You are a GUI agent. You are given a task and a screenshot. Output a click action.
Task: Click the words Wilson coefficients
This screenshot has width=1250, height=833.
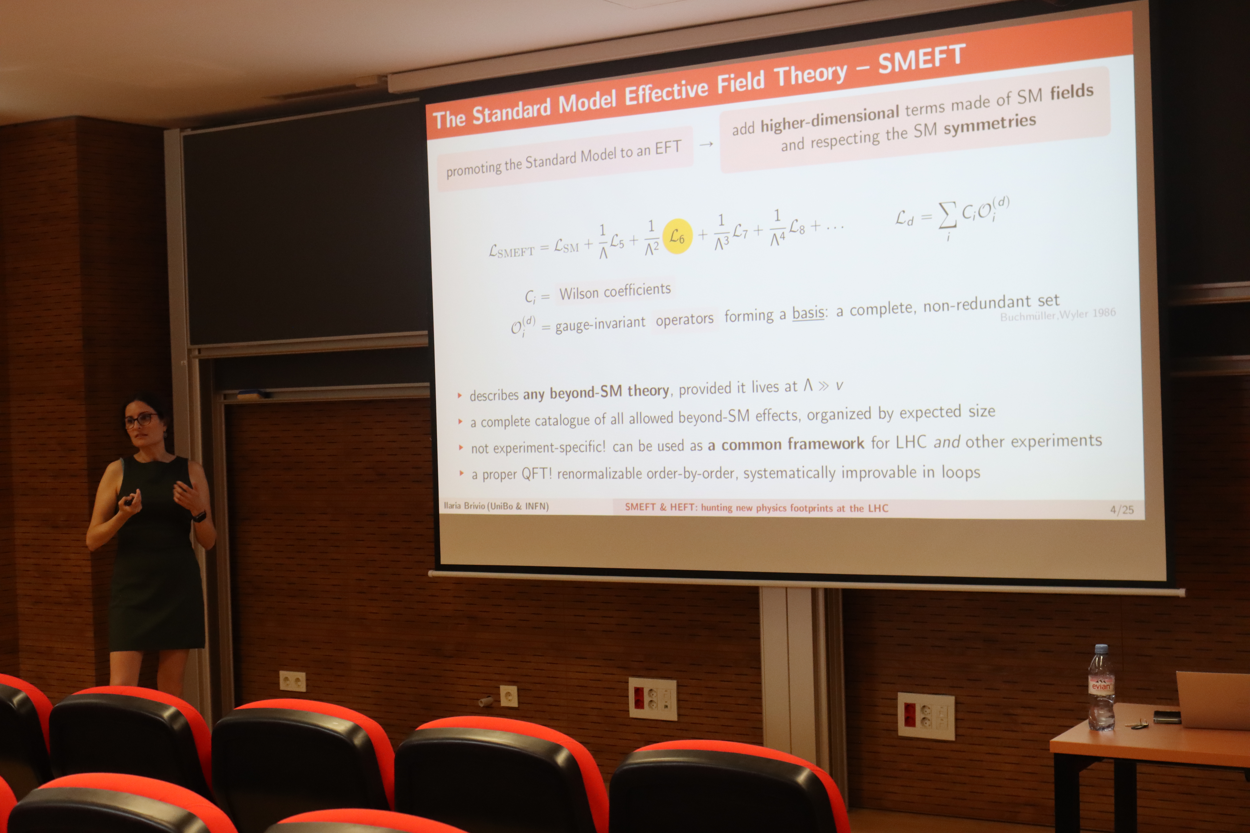coord(615,291)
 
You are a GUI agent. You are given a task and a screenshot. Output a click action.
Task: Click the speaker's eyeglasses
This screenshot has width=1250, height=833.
coord(141,420)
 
